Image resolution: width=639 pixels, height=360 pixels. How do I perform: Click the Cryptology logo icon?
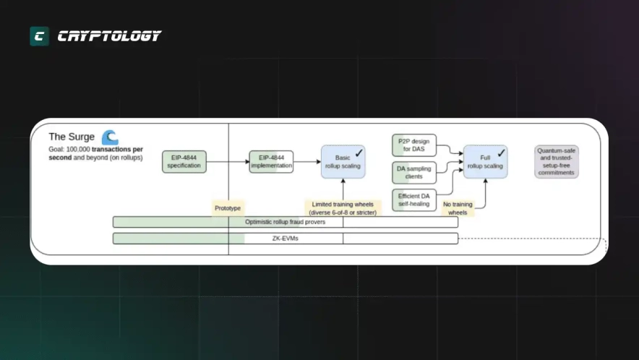point(39,36)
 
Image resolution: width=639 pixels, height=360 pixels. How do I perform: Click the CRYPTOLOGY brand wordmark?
point(109,36)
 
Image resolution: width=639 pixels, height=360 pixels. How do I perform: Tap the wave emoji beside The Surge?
point(110,137)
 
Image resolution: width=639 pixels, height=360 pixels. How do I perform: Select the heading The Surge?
point(72,137)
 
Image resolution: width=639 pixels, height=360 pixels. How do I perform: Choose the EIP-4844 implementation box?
point(271,162)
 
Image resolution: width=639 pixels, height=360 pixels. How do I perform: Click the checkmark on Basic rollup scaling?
point(359,153)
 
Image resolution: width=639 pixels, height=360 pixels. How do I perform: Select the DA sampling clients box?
point(414,172)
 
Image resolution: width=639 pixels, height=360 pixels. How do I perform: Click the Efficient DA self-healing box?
point(414,199)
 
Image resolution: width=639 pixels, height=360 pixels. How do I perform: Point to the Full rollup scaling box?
point(485,162)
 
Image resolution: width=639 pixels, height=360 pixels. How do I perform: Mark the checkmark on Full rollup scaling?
point(501,153)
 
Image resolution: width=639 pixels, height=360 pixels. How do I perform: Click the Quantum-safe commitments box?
point(557,162)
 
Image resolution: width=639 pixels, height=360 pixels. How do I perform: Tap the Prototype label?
point(227,207)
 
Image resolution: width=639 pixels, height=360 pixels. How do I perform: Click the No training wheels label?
point(457,208)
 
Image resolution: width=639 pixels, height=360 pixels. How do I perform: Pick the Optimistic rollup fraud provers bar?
point(285,222)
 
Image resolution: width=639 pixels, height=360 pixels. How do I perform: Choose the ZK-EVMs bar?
point(285,238)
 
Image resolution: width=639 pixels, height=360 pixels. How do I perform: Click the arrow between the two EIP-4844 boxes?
point(227,162)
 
